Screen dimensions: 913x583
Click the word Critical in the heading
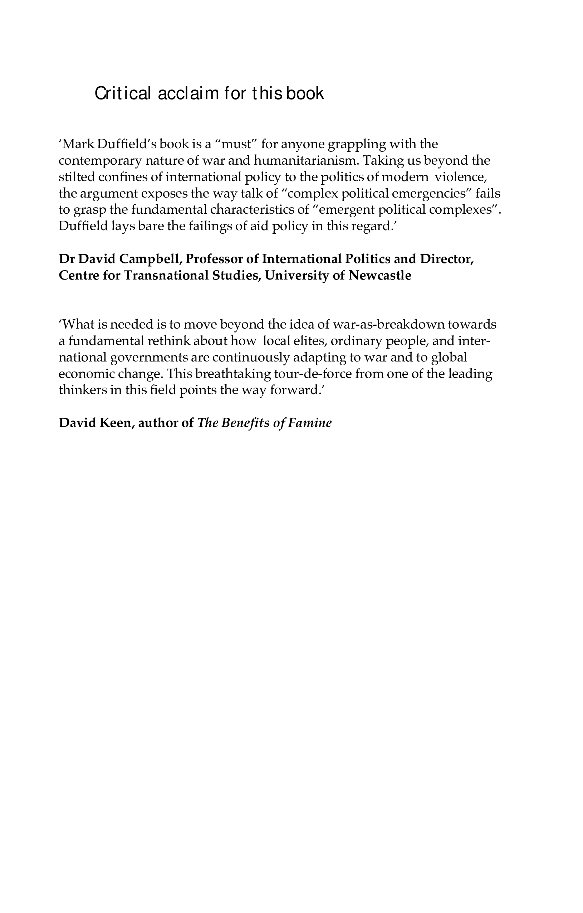[x=123, y=93]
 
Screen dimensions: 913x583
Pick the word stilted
[x=77, y=177]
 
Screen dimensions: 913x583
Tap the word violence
[x=460, y=177]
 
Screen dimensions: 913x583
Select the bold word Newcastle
[x=379, y=276]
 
